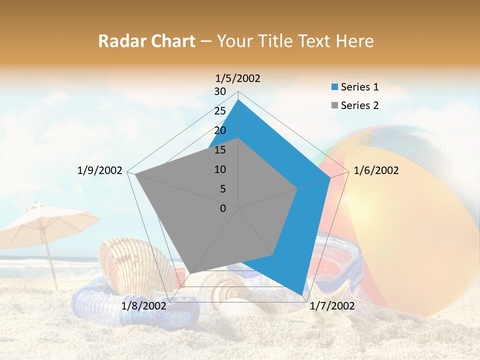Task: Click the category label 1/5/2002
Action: (238, 78)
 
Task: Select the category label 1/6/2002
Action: (376, 170)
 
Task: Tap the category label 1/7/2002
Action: (332, 306)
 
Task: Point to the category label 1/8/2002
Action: (144, 306)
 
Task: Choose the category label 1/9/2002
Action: (100, 170)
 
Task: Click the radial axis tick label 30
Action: (220, 91)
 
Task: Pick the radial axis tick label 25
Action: (220, 111)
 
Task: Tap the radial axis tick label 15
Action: (220, 150)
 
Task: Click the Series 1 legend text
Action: (359, 87)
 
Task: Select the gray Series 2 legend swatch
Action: (335, 105)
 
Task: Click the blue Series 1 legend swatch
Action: (335, 87)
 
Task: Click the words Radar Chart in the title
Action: (146, 41)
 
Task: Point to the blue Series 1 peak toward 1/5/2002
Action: (238, 100)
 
